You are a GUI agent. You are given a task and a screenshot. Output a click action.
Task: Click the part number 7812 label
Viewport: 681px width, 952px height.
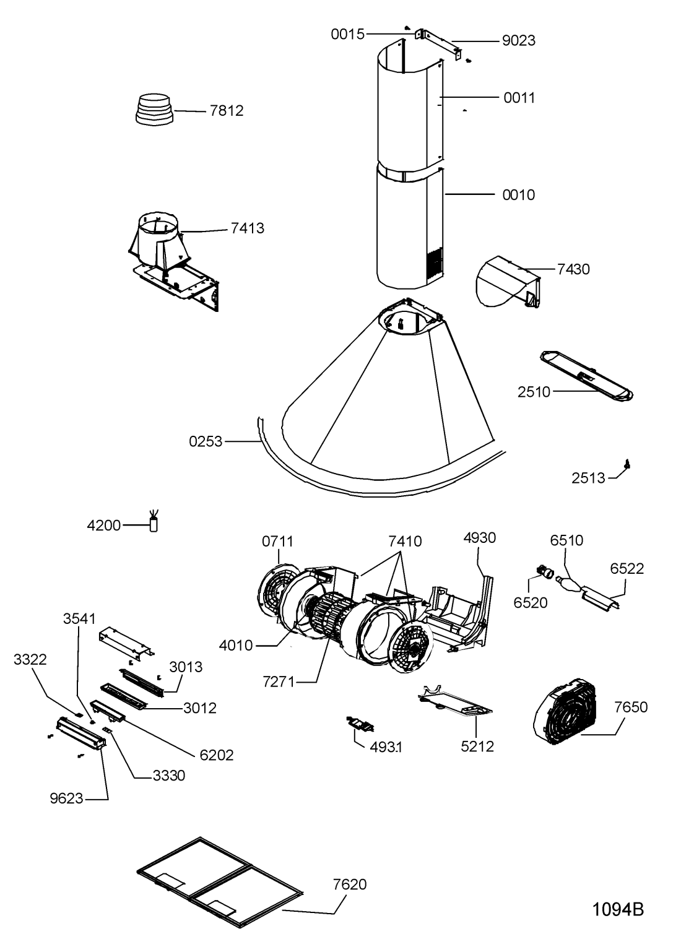pos(227,111)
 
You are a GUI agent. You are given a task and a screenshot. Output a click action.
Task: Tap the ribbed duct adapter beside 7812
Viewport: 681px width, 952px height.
pos(155,109)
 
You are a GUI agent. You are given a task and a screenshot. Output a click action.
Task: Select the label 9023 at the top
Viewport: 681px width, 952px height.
pos(519,41)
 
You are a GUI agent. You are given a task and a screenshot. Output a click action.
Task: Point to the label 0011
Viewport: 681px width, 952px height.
pos(519,98)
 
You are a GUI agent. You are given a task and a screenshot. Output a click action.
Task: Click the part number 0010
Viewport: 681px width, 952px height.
pos(519,195)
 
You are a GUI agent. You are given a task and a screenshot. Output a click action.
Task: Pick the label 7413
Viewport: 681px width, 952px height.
pos(248,228)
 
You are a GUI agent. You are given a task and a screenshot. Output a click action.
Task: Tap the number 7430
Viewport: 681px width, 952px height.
pos(573,269)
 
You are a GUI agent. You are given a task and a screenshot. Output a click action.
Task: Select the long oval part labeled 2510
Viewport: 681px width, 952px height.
pos(586,375)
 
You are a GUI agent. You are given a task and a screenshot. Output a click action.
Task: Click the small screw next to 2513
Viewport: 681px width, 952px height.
pos(626,464)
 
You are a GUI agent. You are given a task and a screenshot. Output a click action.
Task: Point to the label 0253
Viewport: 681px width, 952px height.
pos(206,441)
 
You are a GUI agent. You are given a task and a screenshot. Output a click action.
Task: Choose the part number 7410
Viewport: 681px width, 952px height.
pos(405,542)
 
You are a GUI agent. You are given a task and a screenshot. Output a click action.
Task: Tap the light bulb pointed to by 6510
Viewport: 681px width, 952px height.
pos(568,584)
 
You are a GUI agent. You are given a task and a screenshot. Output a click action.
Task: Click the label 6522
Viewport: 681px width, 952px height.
pos(627,568)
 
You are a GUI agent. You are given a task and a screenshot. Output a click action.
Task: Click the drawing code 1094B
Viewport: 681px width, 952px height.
pos(618,910)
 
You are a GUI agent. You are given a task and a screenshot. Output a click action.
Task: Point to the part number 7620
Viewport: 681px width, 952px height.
pos(349,885)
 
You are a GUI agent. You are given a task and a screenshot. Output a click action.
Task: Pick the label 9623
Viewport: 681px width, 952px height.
pos(66,798)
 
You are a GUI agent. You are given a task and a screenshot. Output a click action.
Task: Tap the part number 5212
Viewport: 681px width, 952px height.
pos(477,746)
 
